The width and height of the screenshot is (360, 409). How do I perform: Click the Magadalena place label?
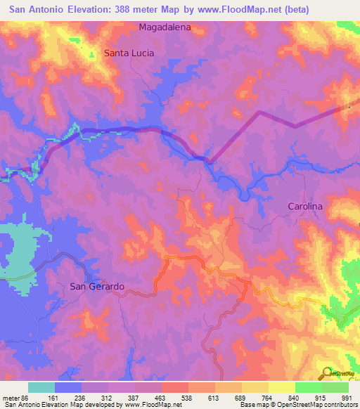tap(165, 27)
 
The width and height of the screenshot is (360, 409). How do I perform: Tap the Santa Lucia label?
tap(129, 53)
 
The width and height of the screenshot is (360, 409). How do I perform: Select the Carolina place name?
tap(305, 206)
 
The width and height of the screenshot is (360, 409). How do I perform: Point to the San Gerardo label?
tap(97, 286)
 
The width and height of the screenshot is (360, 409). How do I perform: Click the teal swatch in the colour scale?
tap(41, 387)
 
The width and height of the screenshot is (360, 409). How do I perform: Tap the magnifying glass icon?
tap(325, 372)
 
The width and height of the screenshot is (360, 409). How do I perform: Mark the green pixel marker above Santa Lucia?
tap(91, 54)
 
